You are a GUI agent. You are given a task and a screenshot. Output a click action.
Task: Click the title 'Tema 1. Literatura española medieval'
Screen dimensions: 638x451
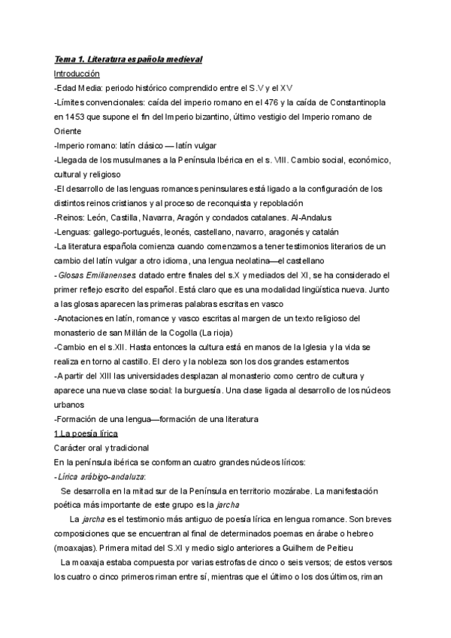129,59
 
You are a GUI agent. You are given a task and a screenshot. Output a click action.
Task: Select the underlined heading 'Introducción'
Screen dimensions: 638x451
77,74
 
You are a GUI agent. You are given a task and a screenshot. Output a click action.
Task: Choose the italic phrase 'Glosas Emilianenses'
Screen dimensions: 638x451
94,275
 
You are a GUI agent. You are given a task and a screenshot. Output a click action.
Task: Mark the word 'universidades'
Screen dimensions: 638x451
153,376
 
